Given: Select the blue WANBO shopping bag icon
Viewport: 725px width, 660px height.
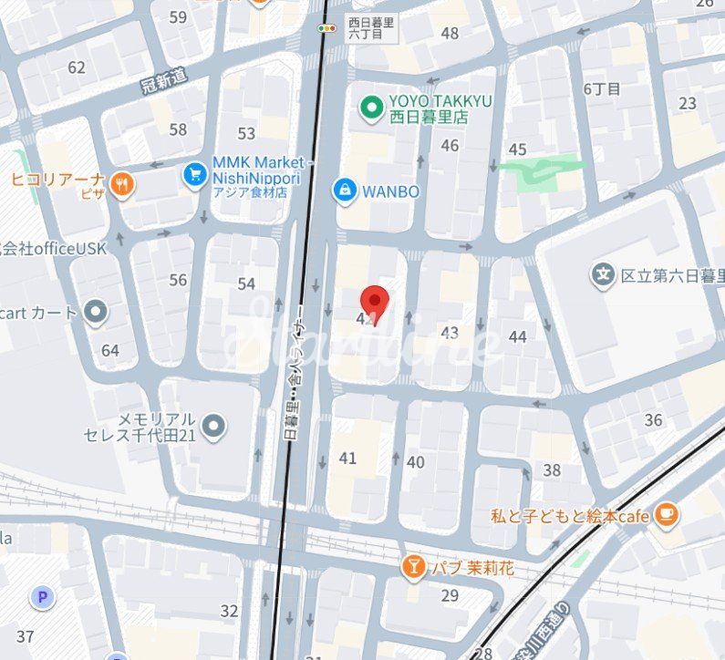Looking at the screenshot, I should click(344, 190).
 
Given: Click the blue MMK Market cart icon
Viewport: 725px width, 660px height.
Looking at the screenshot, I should click(194, 173).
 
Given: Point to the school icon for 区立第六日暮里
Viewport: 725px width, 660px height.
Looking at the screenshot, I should click(602, 273).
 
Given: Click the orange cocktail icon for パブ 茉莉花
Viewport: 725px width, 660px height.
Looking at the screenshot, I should click(413, 567).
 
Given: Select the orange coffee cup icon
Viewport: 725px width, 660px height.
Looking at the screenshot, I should click(667, 514).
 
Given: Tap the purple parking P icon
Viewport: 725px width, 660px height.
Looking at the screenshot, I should click(41, 598).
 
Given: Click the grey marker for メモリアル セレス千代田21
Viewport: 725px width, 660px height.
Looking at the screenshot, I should click(214, 426).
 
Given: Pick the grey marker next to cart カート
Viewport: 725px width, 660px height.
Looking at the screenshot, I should click(95, 313).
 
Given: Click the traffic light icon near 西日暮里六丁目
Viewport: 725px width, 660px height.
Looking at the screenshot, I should click(326, 28).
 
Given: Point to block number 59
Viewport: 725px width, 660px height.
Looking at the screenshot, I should click(178, 17).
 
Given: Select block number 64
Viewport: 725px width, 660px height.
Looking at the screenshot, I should click(110, 350).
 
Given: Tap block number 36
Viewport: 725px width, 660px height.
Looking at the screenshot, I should click(653, 419).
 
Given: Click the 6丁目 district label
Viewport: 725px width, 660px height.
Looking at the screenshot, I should click(602, 88).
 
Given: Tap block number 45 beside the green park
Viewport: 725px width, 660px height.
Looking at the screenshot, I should click(517, 150).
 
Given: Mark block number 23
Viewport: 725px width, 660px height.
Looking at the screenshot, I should click(688, 103).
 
